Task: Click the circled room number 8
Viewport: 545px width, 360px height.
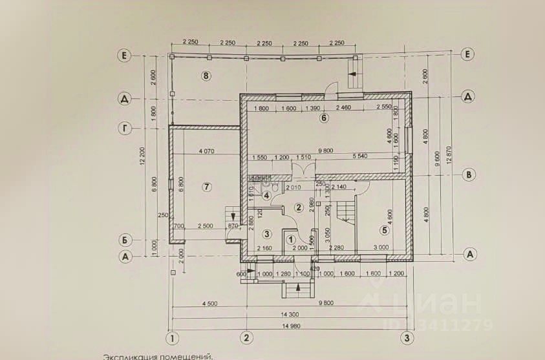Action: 206,76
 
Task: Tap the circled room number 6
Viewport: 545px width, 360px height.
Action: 324,118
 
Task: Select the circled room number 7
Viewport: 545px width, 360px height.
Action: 206,187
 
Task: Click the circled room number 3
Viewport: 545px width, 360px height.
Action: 266,233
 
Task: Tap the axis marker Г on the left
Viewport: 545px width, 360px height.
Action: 125,129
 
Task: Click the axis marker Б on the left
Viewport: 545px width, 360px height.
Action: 125,240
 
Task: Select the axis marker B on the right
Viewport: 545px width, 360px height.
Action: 470,175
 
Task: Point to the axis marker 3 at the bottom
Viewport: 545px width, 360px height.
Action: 406,337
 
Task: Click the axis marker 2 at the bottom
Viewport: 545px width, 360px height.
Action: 246,337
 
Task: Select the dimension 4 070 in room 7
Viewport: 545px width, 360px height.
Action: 206,151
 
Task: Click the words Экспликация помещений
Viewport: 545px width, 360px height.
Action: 157,356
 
